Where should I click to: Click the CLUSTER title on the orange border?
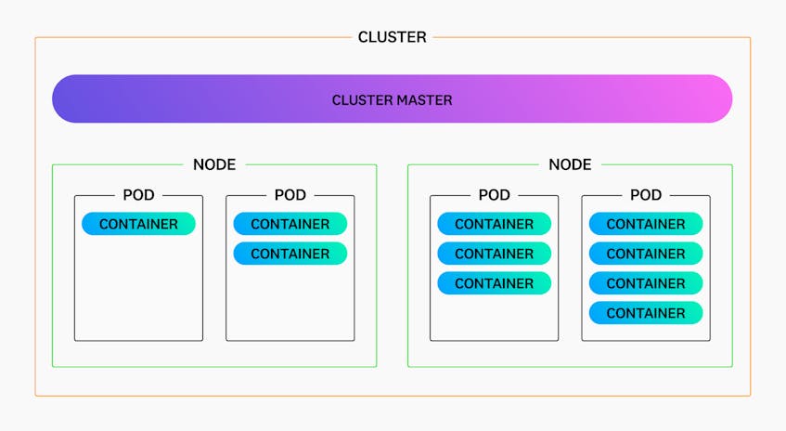[392, 37]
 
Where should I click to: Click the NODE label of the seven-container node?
[570, 164]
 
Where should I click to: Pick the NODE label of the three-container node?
[214, 164]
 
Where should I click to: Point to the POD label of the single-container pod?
[138, 195]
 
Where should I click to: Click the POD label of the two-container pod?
[290, 195]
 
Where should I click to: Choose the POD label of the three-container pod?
[495, 195]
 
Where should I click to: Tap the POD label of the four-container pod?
[646, 195]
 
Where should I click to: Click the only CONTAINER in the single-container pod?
[138, 224]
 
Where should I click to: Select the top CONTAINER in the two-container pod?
[290, 224]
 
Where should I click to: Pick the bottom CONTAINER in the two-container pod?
[290, 254]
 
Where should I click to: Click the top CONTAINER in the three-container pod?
[495, 224]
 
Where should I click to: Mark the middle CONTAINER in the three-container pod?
[495, 254]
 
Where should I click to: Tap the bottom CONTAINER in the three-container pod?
[495, 283]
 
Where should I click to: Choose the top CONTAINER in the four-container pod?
[646, 224]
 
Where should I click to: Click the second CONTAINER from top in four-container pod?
[646, 254]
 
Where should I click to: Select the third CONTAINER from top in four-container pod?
[646, 283]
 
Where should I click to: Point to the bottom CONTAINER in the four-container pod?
[646, 313]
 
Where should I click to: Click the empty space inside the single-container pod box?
[138, 289]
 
